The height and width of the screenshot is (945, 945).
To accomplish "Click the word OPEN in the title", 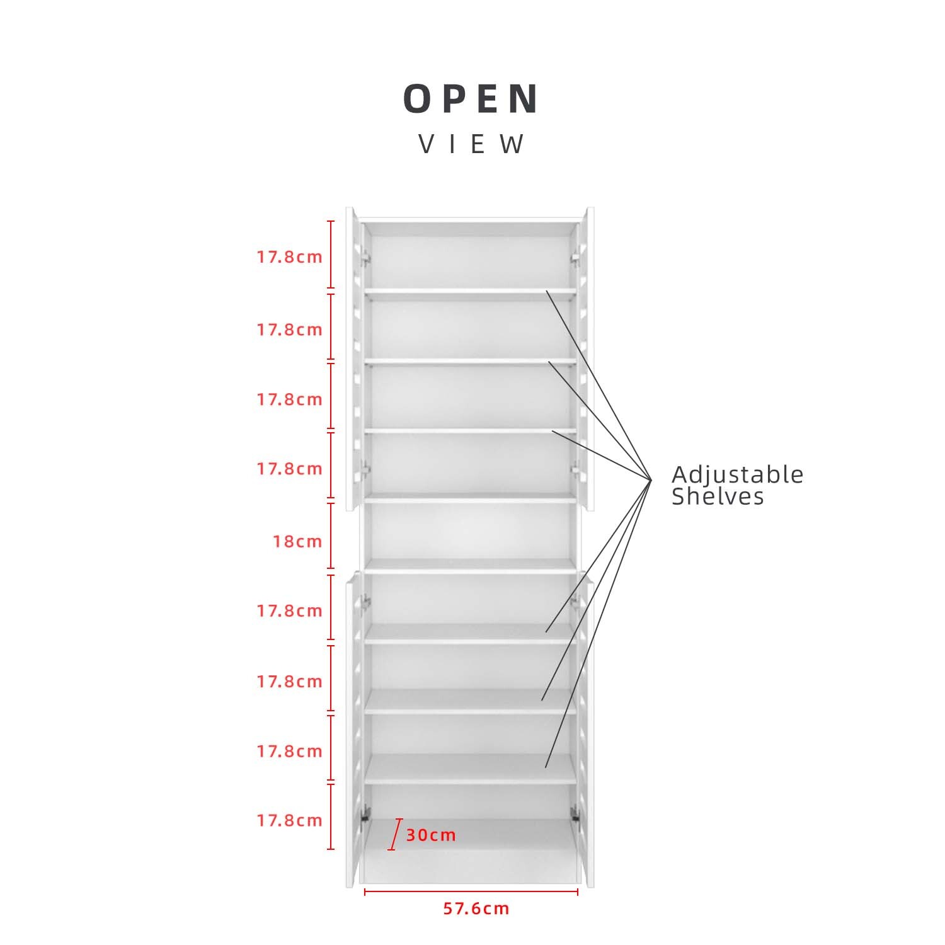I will point(471,99).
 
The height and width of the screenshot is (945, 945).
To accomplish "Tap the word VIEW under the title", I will point(472,144).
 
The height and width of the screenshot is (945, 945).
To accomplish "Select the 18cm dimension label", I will point(297,541).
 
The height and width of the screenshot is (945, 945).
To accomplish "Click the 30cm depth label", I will point(431,835).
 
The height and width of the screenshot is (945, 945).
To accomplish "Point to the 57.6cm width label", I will point(476,908).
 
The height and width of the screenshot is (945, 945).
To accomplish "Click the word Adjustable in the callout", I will point(737,474).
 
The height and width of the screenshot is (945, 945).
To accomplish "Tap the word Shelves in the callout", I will point(718,496).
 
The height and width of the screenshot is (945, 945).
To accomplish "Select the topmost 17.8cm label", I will point(289,257).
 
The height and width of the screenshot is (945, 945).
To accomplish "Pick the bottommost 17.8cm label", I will point(289,820).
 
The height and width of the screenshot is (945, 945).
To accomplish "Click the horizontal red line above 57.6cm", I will point(471,891).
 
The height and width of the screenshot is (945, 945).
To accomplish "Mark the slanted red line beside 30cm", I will point(395,835).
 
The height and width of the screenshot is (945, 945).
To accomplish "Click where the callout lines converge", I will point(651,480).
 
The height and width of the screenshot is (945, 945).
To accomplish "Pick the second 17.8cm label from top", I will point(289,329).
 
